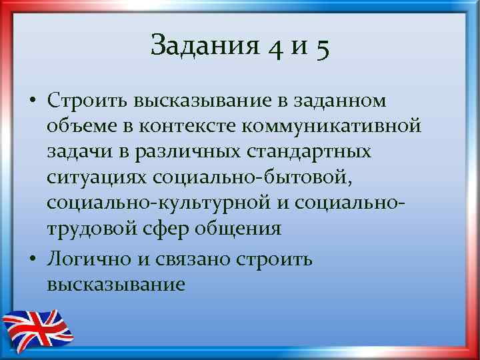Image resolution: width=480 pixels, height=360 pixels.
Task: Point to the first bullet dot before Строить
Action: [32, 101]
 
